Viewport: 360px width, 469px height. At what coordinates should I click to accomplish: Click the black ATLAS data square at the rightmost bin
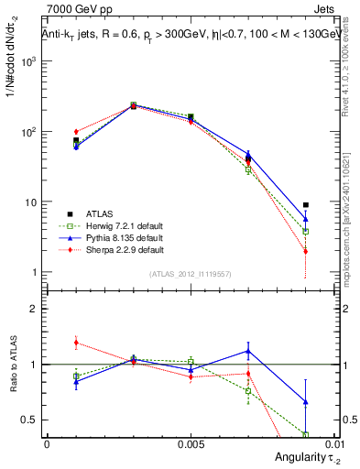(305, 205)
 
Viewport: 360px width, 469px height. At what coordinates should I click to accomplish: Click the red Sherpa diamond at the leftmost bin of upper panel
(76, 132)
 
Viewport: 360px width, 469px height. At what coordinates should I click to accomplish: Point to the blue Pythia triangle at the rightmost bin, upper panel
(305, 219)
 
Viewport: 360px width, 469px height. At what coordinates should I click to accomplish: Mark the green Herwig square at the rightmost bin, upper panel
(305, 232)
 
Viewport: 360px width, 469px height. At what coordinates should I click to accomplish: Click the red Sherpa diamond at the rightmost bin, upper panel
(305, 251)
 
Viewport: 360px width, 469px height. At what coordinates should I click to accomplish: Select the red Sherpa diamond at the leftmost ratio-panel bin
(76, 343)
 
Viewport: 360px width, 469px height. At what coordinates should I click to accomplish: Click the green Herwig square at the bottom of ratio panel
(305, 435)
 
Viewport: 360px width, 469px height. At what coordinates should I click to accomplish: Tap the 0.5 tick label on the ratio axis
(31, 420)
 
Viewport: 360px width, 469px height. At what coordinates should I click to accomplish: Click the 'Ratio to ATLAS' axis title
(13, 367)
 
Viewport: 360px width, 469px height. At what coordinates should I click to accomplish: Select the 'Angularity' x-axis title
(298, 457)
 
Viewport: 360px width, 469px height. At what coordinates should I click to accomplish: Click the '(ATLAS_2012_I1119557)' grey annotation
(191, 274)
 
